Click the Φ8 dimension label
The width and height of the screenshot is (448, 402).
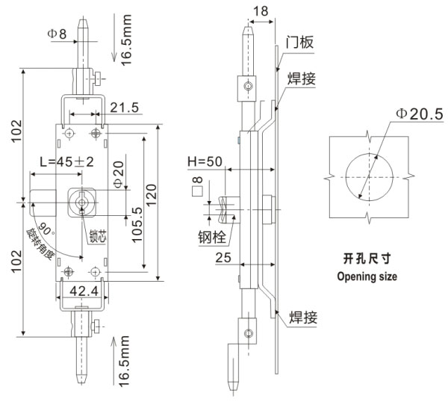[x=57, y=34]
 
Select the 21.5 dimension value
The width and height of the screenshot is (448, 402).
[x=124, y=108]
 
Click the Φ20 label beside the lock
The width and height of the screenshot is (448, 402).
[x=116, y=173]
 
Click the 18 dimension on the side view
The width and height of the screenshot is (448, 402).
[x=260, y=10]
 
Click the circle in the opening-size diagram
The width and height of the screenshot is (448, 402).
[x=367, y=178]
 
